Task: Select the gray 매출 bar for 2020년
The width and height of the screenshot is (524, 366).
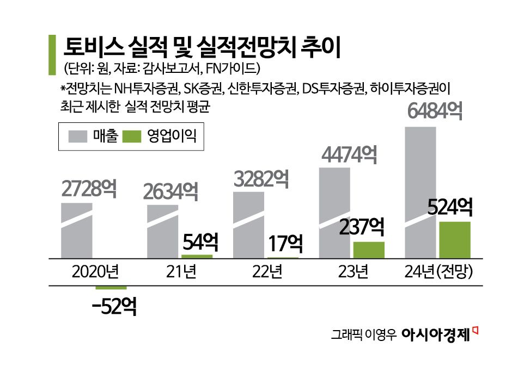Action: click(77, 231)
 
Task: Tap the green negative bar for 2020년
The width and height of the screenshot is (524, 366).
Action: click(111, 288)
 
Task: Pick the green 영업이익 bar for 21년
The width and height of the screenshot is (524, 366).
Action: click(197, 256)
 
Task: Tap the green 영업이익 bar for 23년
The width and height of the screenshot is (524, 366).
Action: click(369, 250)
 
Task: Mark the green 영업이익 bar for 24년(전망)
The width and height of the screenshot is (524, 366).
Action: click(454, 240)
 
